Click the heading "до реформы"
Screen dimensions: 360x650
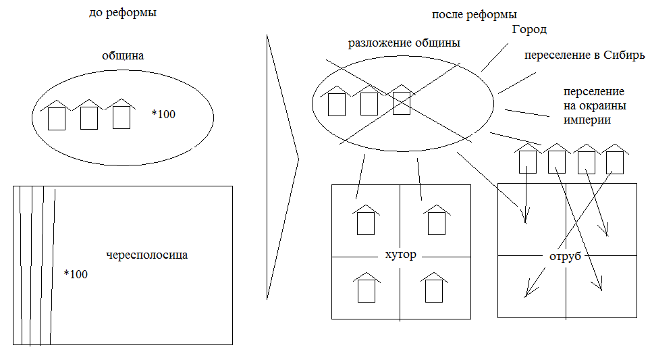point(123,13)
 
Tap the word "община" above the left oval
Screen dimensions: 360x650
point(123,57)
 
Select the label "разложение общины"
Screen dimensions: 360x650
point(404,44)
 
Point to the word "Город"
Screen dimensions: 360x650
point(529,30)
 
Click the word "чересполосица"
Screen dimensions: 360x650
point(147,255)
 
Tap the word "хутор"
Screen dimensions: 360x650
point(400,255)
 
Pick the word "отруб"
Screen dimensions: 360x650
point(566,257)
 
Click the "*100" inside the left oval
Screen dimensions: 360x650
point(163,114)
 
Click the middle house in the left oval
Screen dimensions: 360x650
point(88,114)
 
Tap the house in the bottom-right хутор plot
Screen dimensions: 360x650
point(434,287)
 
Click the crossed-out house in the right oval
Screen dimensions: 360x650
point(401,101)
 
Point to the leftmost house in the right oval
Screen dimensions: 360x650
point(336,101)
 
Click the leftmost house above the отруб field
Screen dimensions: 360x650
point(527,159)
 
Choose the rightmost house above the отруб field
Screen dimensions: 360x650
point(614,159)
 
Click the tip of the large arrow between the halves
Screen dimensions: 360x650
point(298,161)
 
